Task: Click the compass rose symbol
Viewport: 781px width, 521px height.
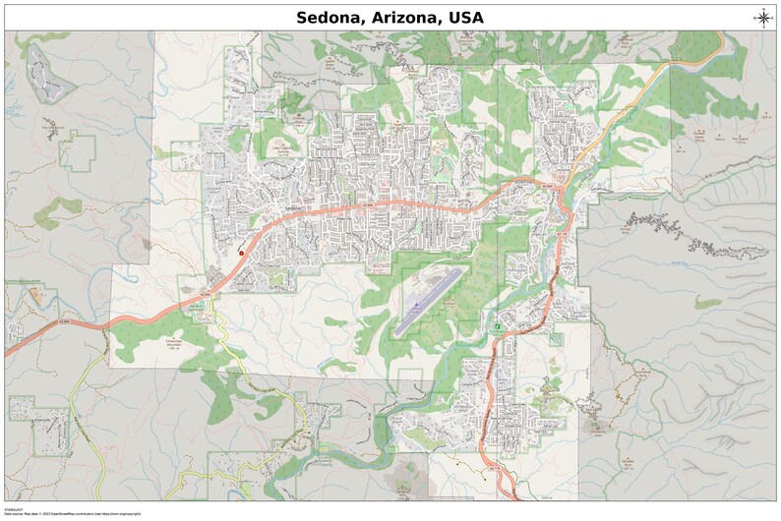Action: [x=763, y=16]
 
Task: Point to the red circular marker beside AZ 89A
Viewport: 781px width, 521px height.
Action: [x=241, y=253]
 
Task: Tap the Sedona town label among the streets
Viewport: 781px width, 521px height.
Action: [x=291, y=208]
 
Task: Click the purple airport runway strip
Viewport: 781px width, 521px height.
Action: [x=429, y=301]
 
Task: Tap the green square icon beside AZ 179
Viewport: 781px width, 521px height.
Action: [x=500, y=325]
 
